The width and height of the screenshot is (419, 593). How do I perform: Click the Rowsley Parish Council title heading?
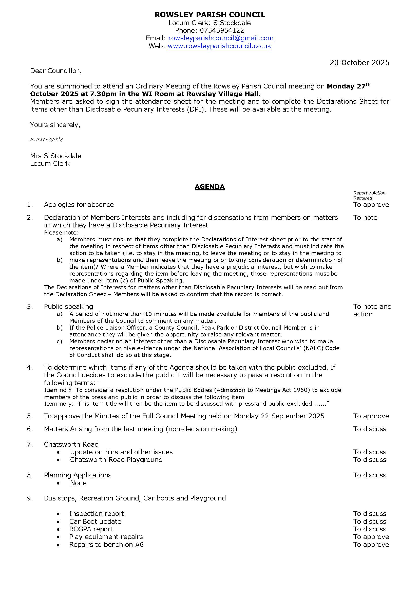210,15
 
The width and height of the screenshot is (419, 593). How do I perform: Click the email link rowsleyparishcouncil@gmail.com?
221,38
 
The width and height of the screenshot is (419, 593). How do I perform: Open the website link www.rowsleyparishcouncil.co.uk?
219,46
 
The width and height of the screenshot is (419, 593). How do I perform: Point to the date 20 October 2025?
359,63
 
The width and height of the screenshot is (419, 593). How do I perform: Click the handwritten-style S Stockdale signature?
46,140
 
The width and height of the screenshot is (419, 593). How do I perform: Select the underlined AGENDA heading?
210,187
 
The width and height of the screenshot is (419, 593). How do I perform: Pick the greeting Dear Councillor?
55,71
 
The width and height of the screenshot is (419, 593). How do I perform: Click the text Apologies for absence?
79,205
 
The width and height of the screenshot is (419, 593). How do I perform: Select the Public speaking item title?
68,307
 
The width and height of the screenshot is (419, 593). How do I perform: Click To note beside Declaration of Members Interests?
365,218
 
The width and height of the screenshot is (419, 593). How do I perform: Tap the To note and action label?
372,310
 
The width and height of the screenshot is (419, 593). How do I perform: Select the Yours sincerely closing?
55,125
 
